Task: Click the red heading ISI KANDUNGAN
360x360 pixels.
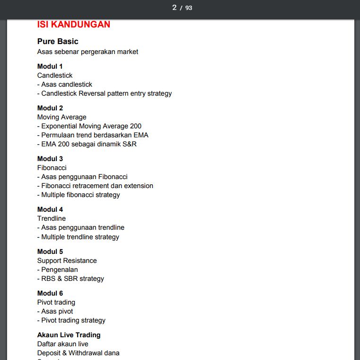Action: click(x=73, y=25)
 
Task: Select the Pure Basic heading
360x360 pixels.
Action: click(x=58, y=41)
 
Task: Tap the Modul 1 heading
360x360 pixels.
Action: click(x=50, y=66)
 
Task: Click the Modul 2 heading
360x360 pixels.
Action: click(x=50, y=108)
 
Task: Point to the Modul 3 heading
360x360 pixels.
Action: click(x=50, y=159)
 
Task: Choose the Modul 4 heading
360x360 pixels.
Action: click(x=50, y=209)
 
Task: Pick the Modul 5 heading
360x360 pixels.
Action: click(x=50, y=252)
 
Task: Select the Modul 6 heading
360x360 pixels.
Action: click(x=50, y=293)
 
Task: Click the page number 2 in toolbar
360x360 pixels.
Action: click(x=174, y=8)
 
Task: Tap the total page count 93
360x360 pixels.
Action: click(x=189, y=8)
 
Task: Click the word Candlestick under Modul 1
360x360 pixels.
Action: click(x=55, y=75)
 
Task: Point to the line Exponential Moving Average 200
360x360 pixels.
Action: click(x=91, y=126)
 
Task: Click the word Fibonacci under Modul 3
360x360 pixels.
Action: click(x=52, y=168)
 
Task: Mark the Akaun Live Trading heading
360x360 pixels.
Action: click(x=69, y=335)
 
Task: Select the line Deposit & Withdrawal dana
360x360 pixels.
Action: click(x=79, y=353)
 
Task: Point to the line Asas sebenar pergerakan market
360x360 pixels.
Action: click(x=88, y=52)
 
